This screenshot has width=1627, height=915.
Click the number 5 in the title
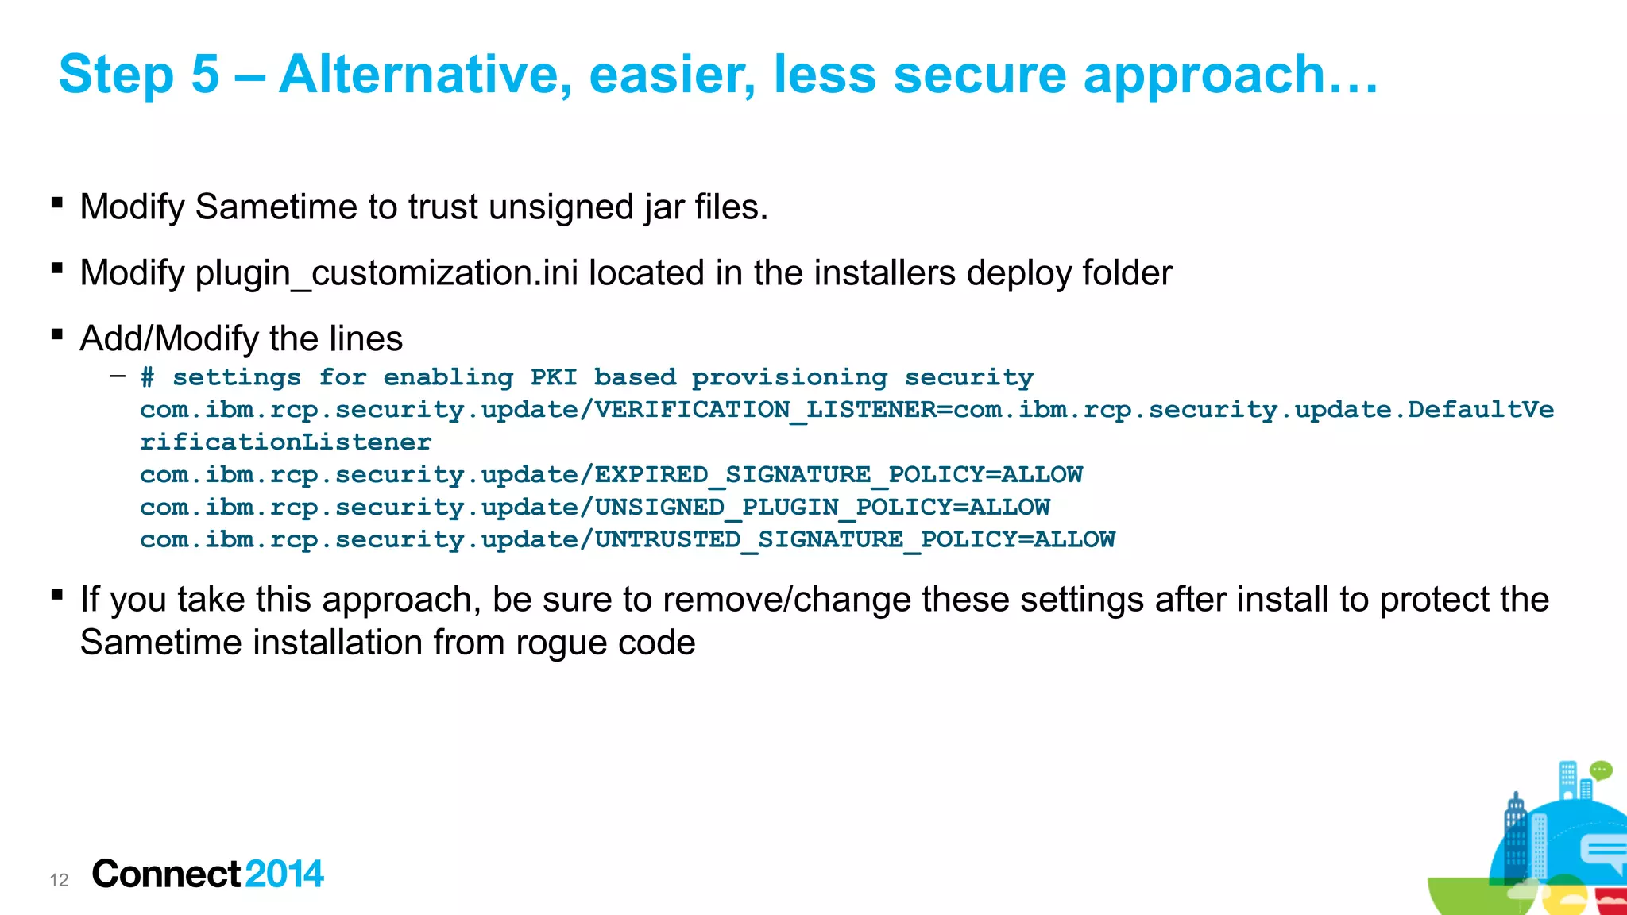pyautogui.click(x=205, y=74)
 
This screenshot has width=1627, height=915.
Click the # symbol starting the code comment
pyautogui.click(x=147, y=377)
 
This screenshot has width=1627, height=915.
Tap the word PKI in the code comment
pyautogui.click(x=553, y=377)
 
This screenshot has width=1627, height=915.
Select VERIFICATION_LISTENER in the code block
pyautogui.click(x=766, y=410)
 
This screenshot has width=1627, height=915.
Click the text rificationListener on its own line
pyautogui.click(x=286, y=442)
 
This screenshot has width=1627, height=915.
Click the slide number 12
pyautogui.click(x=59, y=880)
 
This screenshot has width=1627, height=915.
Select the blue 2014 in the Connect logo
pyautogui.click(x=284, y=874)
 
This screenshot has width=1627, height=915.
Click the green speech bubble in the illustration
pyautogui.click(x=1601, y=770)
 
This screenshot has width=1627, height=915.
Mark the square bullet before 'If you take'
pyautogui.click(x=56, y=594)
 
